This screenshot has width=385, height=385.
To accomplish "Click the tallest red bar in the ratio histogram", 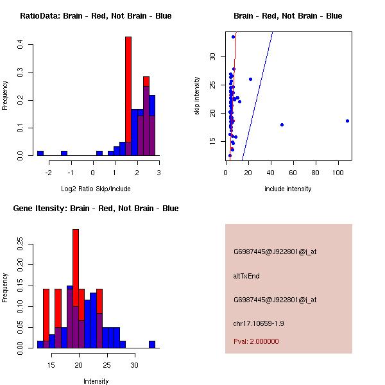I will pyautogui.click(x=128, y=96).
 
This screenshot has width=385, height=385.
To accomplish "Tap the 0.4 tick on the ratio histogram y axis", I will pyautogui.click(x=21, y=44).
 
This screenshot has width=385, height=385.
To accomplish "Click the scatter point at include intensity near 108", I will pyautogui.click(x=347, y=121).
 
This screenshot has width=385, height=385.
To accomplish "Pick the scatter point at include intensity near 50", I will pyautogui.click(x=282, y=124).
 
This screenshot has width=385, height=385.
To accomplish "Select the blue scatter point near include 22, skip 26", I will pyautogui.click(x=250, y=79).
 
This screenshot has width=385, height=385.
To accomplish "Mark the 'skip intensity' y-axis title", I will pyautogui.click(x=198, y=96).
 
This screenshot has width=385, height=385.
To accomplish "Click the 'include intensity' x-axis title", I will pyautogui.click(x=288, y=189).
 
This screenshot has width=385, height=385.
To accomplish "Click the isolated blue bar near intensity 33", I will pyautogui.click(x=152, y=345).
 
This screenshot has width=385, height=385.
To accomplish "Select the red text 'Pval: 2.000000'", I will pyautogui.click(x=256, y=341).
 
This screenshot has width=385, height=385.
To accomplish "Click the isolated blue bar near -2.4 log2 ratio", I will pyautogui.click(x=40, y=153).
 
